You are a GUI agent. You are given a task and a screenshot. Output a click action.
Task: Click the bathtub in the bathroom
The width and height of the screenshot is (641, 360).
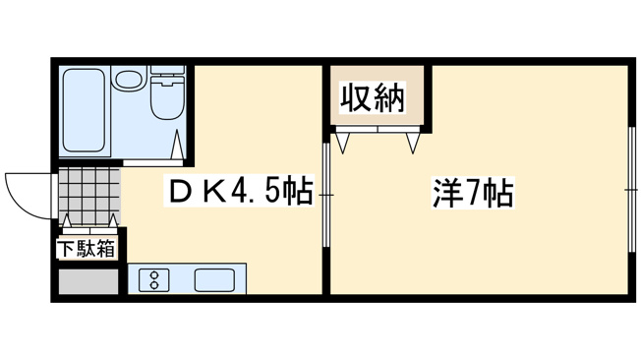coord(85,111)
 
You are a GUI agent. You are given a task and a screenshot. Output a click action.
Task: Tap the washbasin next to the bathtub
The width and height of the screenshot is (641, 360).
coord(127,78)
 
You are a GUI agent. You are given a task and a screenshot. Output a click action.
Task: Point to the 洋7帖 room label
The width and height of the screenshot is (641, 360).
coord(472,193)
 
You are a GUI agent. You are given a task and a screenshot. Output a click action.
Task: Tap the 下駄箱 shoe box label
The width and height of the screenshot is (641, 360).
coord(86,249)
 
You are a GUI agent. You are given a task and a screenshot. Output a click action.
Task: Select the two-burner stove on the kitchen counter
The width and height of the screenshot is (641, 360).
coord(153,280)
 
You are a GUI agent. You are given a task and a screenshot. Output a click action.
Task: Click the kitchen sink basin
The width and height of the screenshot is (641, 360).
coord(213,279)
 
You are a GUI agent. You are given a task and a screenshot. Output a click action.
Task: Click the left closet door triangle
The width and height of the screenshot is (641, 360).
coord(343,142)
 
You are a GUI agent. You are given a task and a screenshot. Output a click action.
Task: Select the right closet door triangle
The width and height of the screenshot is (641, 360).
coord(414,142)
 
